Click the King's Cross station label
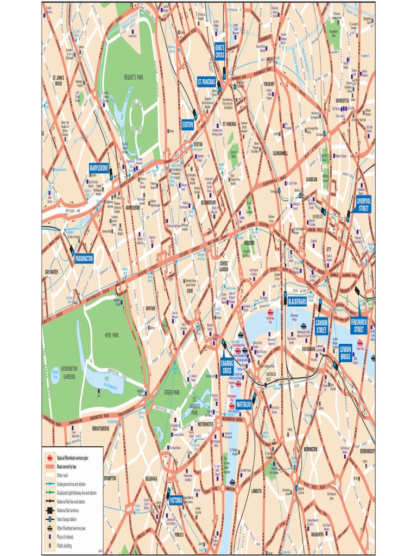click(x=220, y=51)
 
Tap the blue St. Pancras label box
click(x=206, y=81)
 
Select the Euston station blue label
click(x=187, y=124)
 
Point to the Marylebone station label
click(x=99, y=168)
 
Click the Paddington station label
click(x=84, y=258)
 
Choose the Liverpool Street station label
click(x=363, y=204)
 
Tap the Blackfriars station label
click(x=297, y=301)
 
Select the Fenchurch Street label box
click(x=359, y=326)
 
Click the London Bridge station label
click(x=345, y=352)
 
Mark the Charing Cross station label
click(x=227, y=367)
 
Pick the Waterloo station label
click(x=243, y=404)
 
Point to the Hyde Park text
click(x=112, y=335)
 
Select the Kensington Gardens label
click(x=69, y=372)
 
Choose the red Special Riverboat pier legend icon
click(x=50, y=457)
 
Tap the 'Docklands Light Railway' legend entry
click(x=77, y=492)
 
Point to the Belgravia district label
click(x=151, y=478)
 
